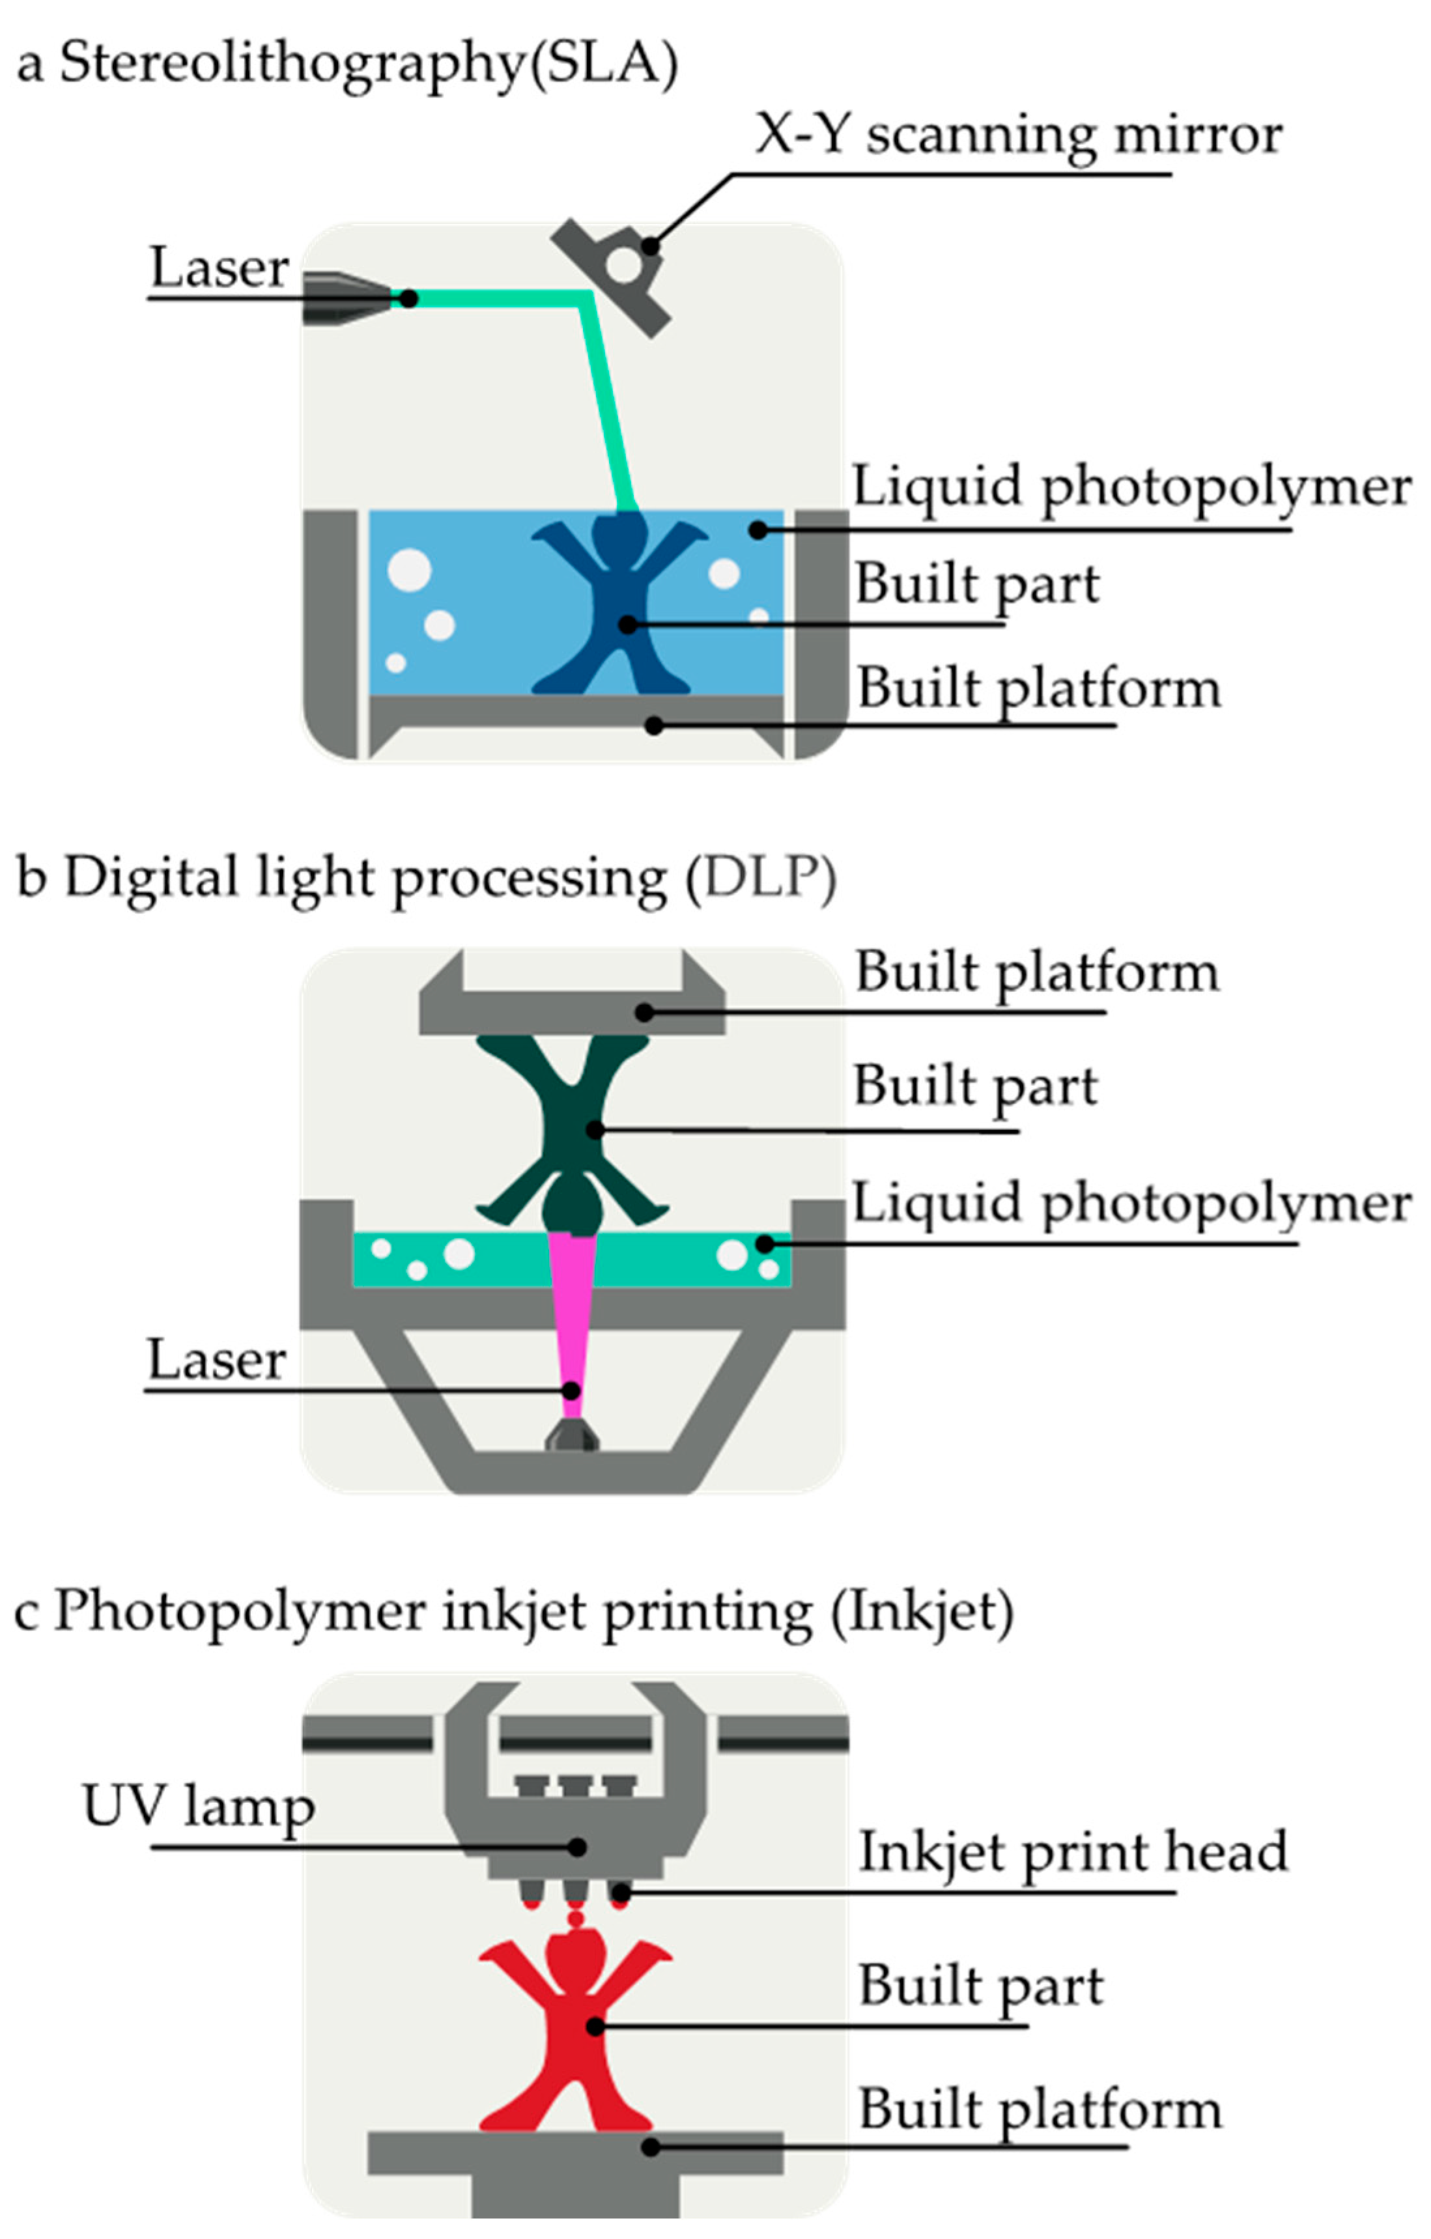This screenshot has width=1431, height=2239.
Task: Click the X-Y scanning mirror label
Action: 1018,135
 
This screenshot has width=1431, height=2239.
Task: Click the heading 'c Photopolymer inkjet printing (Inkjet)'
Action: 514,1611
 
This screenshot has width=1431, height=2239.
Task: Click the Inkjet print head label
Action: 1073,1852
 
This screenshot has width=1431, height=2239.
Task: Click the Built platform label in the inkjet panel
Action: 1039,2109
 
